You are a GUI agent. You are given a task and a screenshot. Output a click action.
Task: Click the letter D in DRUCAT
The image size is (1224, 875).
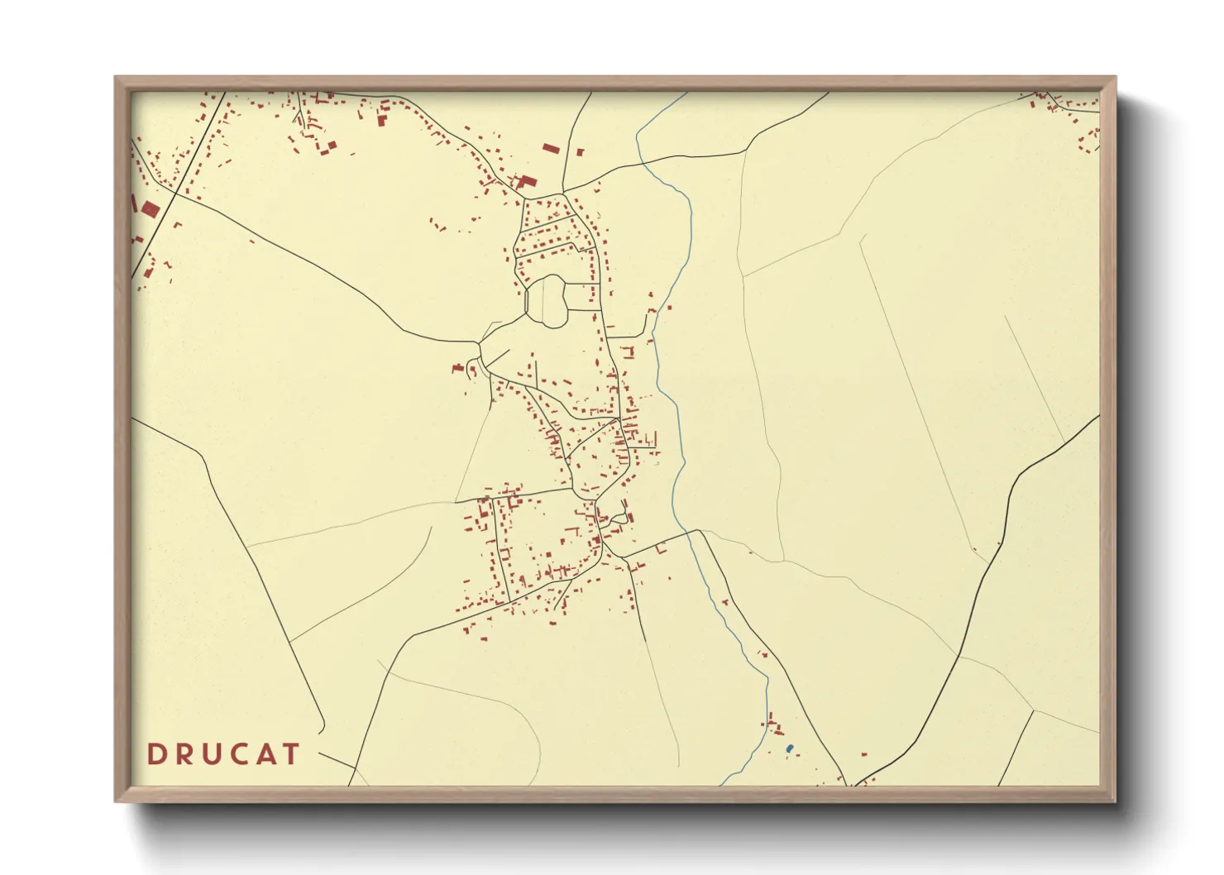point(155,754)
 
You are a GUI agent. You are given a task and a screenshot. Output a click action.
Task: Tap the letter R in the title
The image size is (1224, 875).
point(184,754)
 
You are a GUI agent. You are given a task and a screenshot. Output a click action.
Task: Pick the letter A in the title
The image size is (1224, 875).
point(266,754)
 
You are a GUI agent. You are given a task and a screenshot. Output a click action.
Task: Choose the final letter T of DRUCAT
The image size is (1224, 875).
point(291,754)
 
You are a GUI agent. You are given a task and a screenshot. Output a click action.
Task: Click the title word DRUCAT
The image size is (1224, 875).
point(223,754)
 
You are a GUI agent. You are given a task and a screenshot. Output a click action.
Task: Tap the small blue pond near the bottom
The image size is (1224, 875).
point(790,748)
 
